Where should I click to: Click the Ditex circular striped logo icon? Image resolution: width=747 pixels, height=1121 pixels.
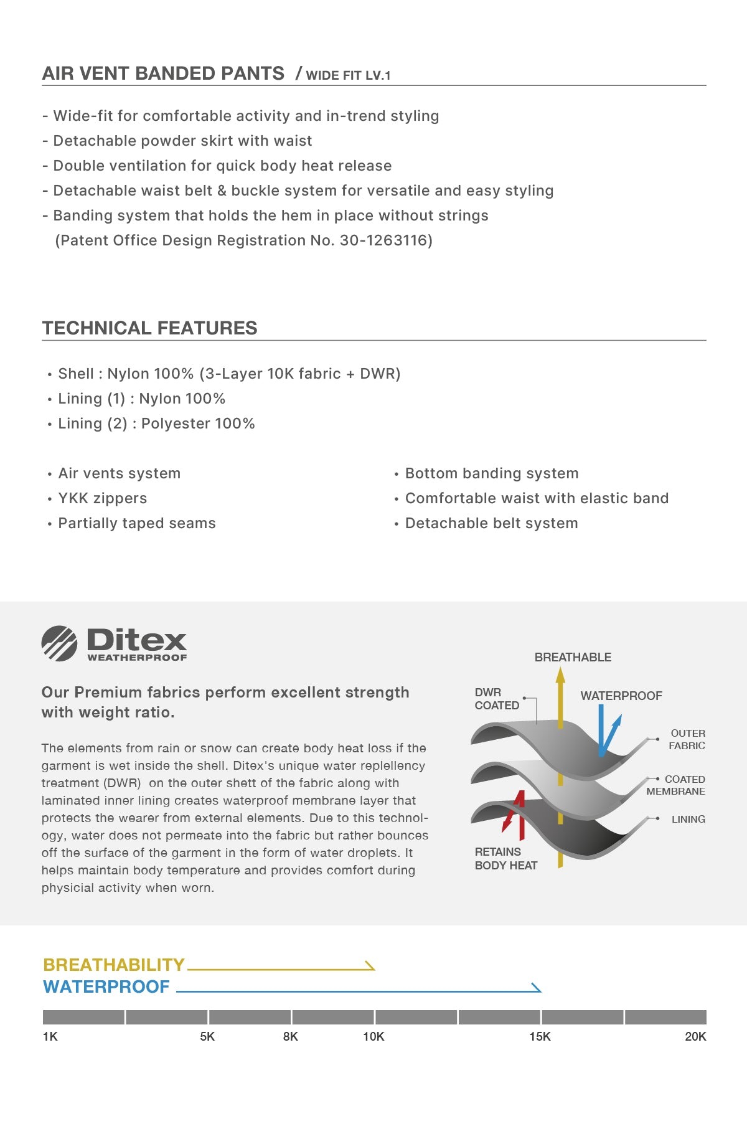click(59, 643)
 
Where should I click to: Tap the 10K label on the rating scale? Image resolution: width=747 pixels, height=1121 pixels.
click(374, 1036)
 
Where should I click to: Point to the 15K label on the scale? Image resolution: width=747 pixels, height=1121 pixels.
click(540, 1036)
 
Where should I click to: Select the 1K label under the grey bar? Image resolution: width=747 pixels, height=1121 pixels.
click(50, 1036)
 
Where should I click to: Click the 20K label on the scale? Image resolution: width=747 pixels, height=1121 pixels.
click(695, 1036)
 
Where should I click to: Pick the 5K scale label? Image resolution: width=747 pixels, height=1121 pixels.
click(207, 1036)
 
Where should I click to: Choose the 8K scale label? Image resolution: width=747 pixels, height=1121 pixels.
click(291, 1036)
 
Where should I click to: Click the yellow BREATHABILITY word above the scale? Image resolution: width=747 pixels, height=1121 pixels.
click(114, 965)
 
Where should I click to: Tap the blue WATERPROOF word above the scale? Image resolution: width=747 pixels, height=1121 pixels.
click(106, 986)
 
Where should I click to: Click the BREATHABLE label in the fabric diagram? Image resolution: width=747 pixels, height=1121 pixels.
click(573, 657)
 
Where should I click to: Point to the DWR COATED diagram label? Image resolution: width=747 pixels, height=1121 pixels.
click(496, 699)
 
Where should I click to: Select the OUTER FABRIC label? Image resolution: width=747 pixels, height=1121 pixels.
click(687, 739)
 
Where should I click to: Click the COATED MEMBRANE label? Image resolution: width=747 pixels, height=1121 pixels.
click(676, 785)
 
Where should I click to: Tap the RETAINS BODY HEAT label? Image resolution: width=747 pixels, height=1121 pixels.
click(505, 858)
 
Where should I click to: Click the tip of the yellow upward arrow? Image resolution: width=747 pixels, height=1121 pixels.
click(560, 670)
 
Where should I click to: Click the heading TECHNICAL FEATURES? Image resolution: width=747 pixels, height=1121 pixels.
click(149, 328)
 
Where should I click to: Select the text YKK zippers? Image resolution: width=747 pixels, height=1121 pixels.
click(103, 498)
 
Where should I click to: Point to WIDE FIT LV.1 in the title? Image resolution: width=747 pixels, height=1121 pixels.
click(348, 75)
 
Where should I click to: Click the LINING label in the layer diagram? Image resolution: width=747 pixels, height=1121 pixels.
click(688, 819)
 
